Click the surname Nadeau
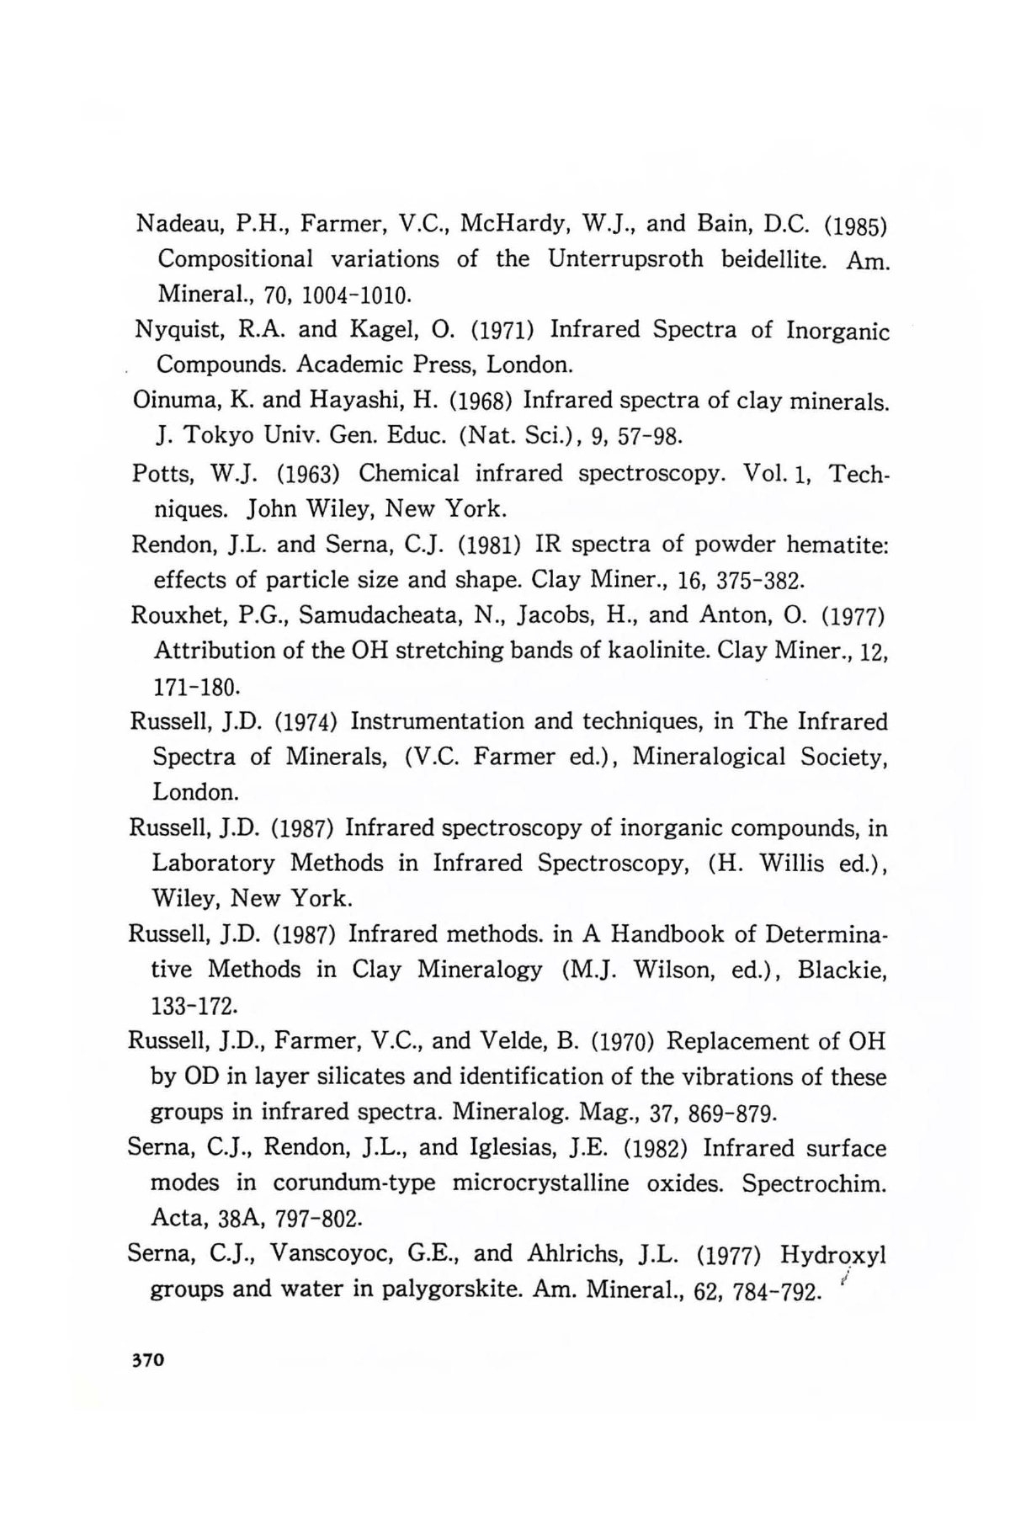click(172, 225)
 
